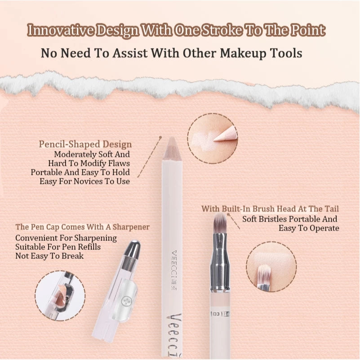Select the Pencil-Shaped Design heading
pyautogui.click(x=85, y=144)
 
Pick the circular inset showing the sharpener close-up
pyautogui.click(x=60, y=295)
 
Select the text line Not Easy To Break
pyautogui.click(x=49, y=256)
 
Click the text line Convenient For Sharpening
pyautogui.click(x=66, y=238)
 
